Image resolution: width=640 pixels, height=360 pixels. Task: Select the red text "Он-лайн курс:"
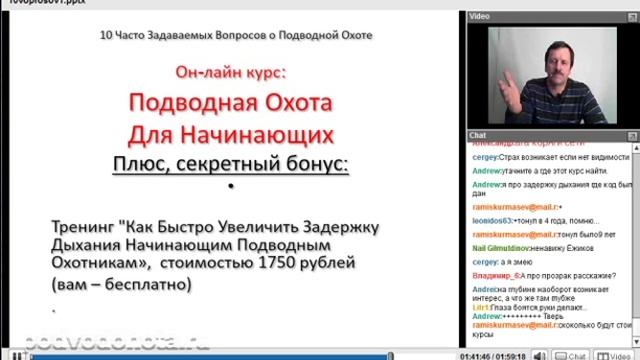coord(230,73)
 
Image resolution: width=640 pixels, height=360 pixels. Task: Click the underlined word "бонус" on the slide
coord(317,162)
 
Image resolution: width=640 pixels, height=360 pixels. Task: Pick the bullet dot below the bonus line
coord(230,186)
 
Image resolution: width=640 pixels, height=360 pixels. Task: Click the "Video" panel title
coord(480,17)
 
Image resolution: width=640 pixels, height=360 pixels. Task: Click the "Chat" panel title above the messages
coord(478,133)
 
